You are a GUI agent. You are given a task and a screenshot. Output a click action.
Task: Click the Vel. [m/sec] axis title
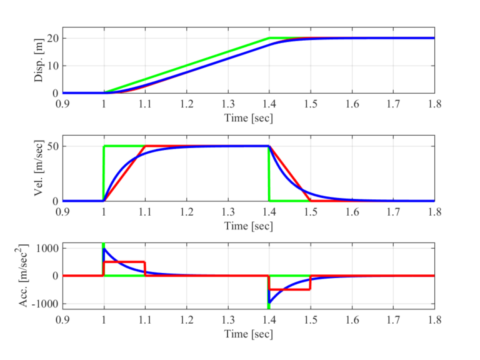pyautogui.click(x=38, y=174)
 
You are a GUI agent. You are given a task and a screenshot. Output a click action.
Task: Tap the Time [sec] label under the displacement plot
pyautogui.click(x=249, y=117)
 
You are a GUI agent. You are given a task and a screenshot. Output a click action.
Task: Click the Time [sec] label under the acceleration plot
pyautogui.click(x=249, y=334)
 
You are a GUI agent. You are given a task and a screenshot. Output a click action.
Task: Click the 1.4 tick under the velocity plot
pyautogui.click(x=269, y=212)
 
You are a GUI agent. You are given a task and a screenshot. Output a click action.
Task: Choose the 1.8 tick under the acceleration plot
pyautogui.click(x=434, y=320)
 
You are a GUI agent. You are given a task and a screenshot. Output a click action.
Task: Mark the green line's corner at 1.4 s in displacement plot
pyautogui.click(x=269, y=38)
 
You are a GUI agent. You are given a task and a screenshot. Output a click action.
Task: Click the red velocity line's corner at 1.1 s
pyautogui.click(x=146, y=146)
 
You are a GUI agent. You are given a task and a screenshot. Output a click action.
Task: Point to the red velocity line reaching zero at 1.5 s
pyautogui.click(x=311, y=201)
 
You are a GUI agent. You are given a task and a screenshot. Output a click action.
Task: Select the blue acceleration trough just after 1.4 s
pyautogui.click(x=270, y=302)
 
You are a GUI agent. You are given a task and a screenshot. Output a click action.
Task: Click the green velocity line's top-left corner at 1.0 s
pyautogui.click(x=104, y=146)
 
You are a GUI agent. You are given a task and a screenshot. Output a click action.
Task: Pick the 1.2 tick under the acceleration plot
pyautogui.click(x=187, y=320)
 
